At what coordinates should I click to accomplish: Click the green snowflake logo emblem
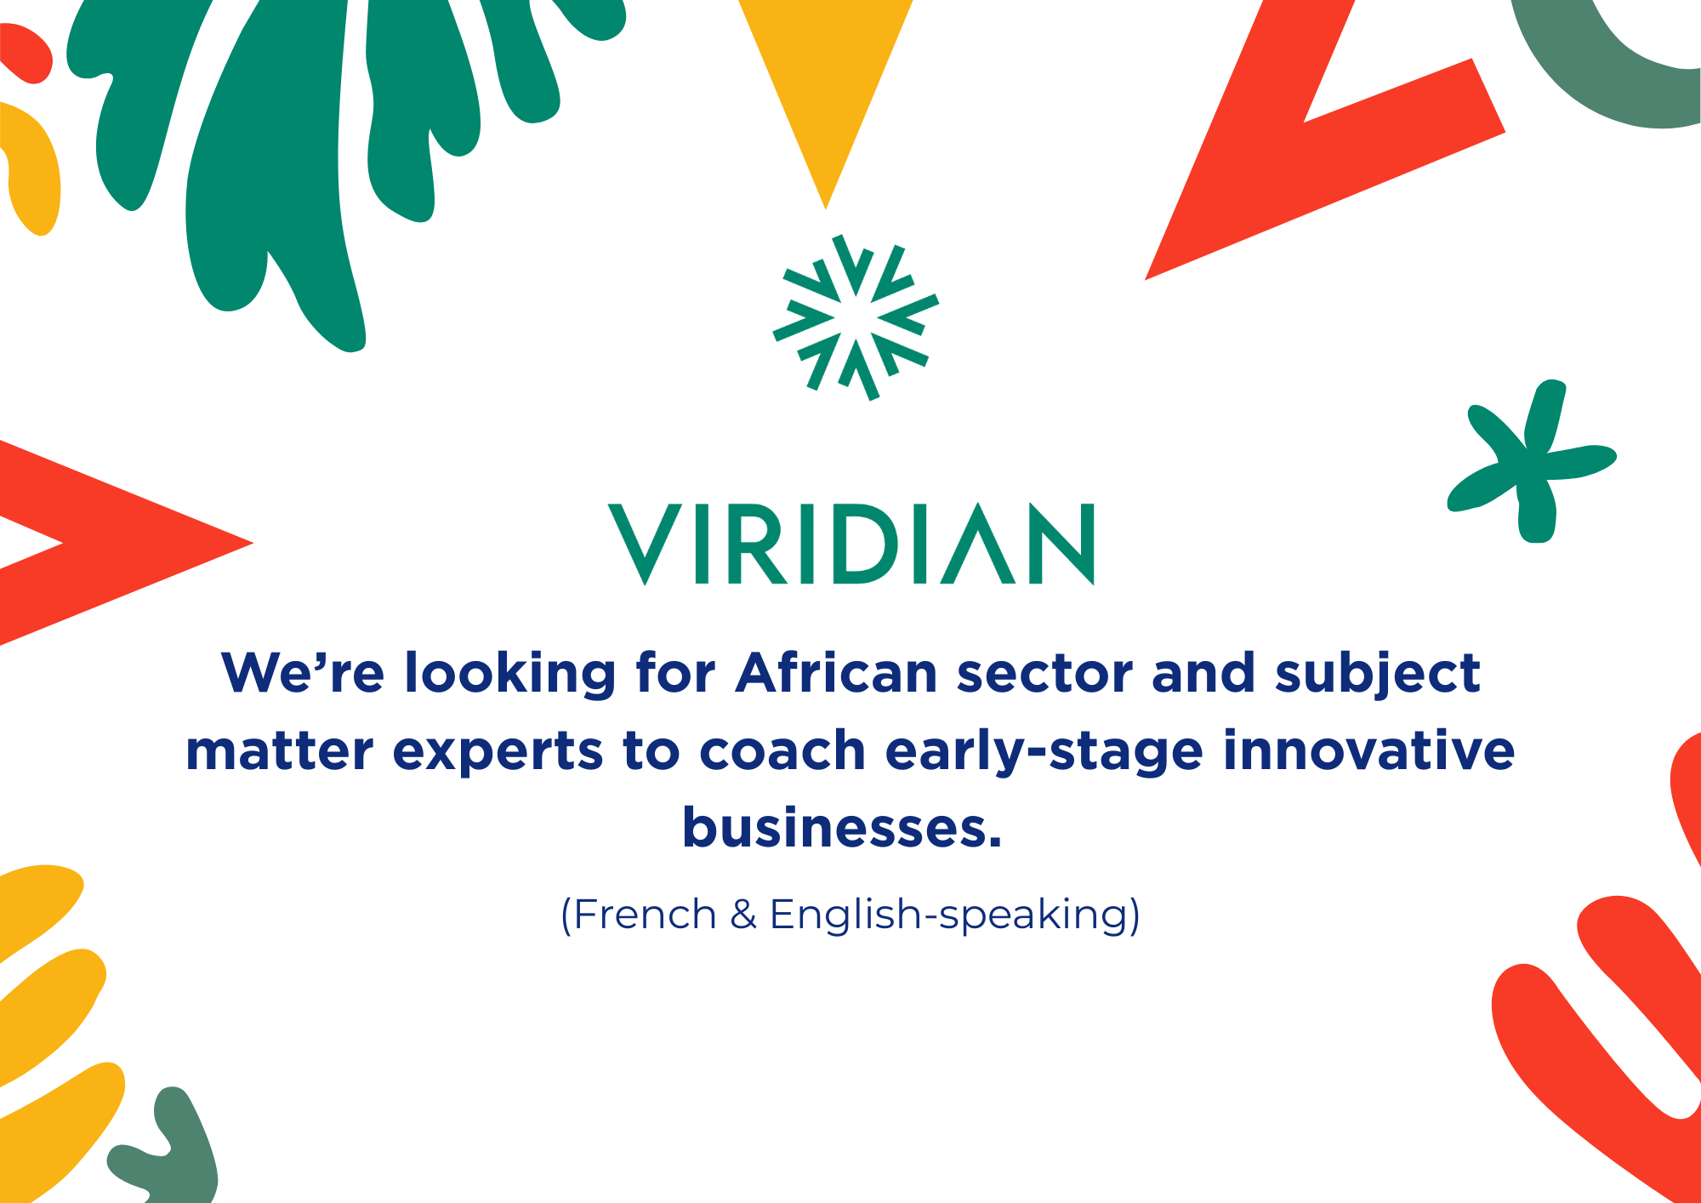coord(856,317)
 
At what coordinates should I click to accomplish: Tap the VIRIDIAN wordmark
coord(851,544)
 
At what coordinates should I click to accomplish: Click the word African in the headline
coord(836,673)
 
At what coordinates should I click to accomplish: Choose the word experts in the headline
coord(498,752)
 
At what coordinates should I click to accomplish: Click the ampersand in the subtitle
coord(743,915)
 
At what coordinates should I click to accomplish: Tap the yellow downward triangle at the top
coord(826,94)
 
